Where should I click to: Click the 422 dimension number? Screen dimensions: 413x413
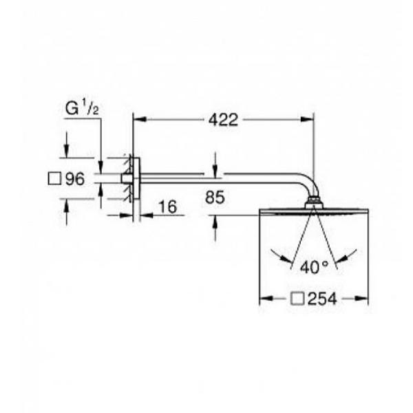(x=223, y=120)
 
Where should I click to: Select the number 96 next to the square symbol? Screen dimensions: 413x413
(x=75, y=179)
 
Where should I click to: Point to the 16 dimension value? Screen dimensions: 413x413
(x=169, y=206)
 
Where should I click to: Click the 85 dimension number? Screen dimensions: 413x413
(x=215, y=198)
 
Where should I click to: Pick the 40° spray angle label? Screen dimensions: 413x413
(x=315, y=267)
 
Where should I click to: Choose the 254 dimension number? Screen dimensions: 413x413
(x=322, y=299)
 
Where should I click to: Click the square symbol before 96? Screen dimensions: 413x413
(x=55, y=178)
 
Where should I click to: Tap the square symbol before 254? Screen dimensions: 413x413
(x=297, y=299)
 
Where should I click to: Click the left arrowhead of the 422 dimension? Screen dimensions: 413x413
(x=140, y=119)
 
